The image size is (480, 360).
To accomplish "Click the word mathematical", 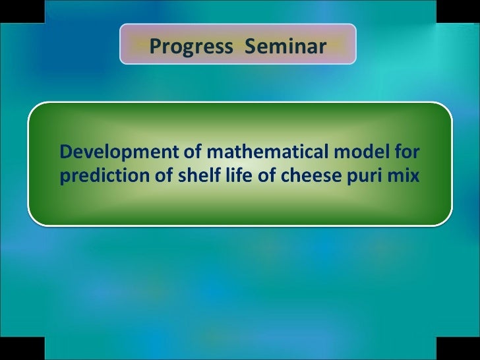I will pos(266,153).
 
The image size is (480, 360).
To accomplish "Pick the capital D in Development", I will pos(65,153).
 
